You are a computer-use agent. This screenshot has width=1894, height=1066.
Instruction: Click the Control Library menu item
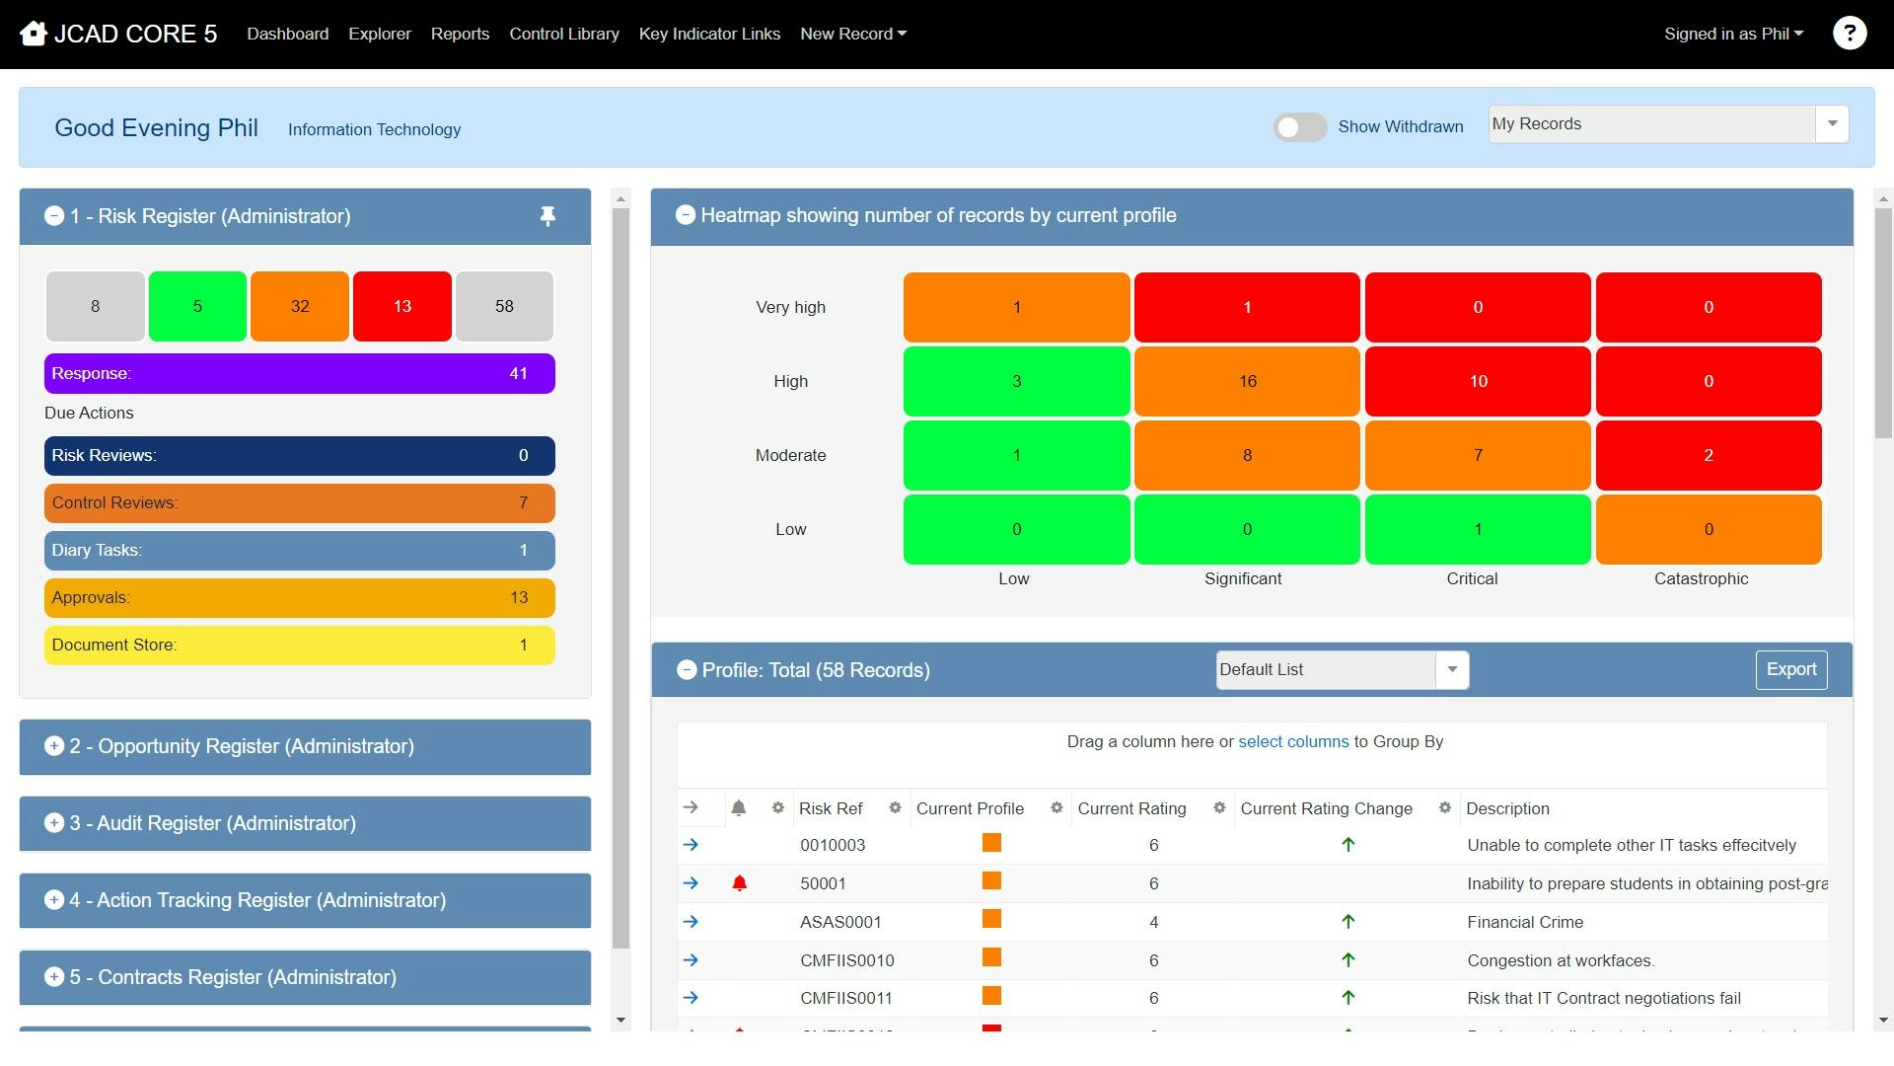pyautogui.click(x=563, y=34)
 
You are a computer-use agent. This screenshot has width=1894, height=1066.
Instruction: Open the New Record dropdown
pyautogui.click(x=852, y=34)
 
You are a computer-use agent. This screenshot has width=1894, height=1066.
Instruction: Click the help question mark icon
pyautogui.click(x=1849, y=34)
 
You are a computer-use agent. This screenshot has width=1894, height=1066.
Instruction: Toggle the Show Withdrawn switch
pyautogui.click(x=1299, y=127)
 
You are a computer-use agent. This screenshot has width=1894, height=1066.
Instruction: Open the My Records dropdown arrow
pyautogui.click(x=1832, y=124)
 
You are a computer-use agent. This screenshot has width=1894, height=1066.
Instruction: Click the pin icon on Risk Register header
pyautogui.click(x=547, y=216)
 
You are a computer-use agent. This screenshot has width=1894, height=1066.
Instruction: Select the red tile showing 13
pyautogui.click(x=401, y=306)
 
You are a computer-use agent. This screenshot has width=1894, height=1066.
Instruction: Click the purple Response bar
pyautogui.click(x=299, y=373)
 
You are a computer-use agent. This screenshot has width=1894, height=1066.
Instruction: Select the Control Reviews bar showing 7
pyautogui.click(x=299, y=502)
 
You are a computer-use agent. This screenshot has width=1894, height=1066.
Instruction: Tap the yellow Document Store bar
pyautogui.click(x=299, y=645)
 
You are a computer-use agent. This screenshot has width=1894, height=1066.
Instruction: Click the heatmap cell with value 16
pyautogui.click(x=1247, y=381)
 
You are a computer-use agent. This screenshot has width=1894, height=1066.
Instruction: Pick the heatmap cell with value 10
pyautogui.click(x=1478, y=381)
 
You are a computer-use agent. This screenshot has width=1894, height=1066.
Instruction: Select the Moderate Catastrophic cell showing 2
pyautogui.click(x=1708, y=455)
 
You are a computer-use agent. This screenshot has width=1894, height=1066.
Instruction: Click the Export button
pyautogui.click(x=1790, y=669)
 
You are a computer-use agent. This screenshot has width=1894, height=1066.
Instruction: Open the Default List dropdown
pyautogui.click(x=1451, y=669)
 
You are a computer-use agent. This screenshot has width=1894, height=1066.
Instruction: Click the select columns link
pyautogui.click(x=1292, y=741)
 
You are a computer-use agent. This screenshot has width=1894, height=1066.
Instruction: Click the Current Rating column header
pyautogui.click(x=1131, y=808)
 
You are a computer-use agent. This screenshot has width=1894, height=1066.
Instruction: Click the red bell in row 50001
pyautogui.click(x=739, y=883)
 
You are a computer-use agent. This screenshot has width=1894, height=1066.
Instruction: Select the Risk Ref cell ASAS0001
pyautogui.click(x=840, y=922)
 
